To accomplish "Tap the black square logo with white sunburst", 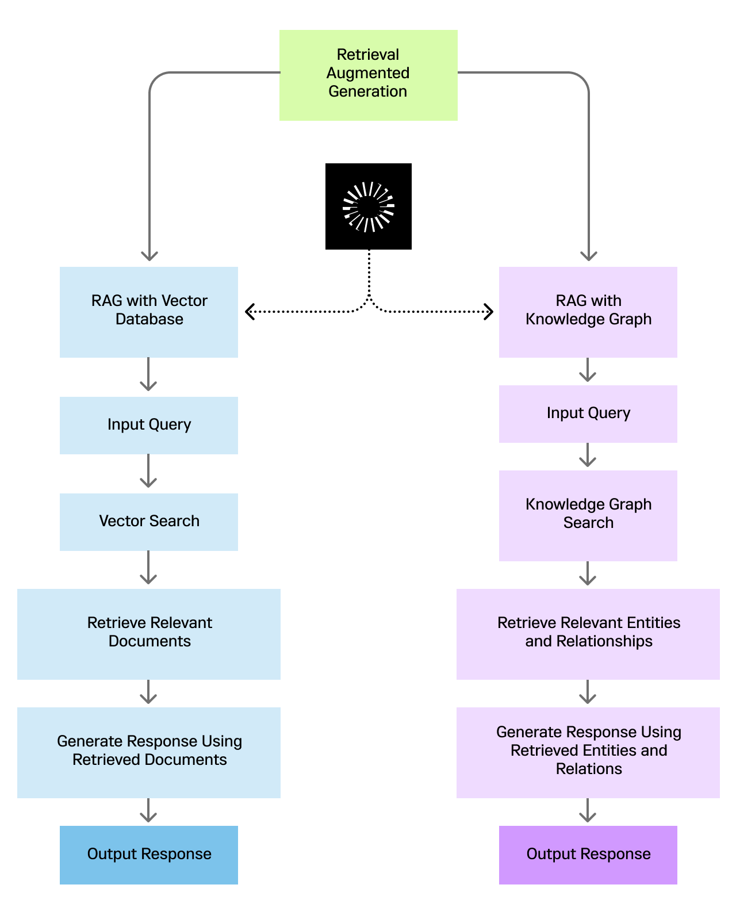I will pyautogui.click(x=369, y=206).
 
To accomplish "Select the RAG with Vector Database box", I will pyautogui.click(x=149, y=312).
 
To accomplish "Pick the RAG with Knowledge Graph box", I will pyautogui.click(x=588, y=312).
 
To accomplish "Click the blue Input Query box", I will pyautogui.click(x=149, y=425).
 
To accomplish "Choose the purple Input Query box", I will pyautogui.click(x=588, y=413).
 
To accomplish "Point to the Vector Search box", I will pyautogui.click(x=149, y=522).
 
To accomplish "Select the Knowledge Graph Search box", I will pyautogui.click(x=588, y=515).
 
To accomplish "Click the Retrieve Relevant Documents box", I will pyautogui.click(x=149, y=634).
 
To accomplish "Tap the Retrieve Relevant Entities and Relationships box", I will pyautogui.click(x=588, y=634).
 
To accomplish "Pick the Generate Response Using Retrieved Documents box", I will pyautogui.click(x=149, y=752).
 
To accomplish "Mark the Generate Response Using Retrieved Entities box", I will pyautogui.click(x=588, y=752).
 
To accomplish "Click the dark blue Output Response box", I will pyautogui.click(x=149, y=855).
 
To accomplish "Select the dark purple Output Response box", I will pyautogui.click(x=588, y=855).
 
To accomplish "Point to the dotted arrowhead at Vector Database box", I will pyautogui.click(x=249, y=312).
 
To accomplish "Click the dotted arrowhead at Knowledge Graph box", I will pyautogui.click(x=489, y=312).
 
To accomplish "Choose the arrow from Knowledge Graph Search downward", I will pyautogui.click(x=588, y=574).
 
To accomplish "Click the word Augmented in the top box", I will pyautogui.click(x=368, y=73).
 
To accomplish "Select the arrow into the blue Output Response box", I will pyautogui.click(x=148, y=811).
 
